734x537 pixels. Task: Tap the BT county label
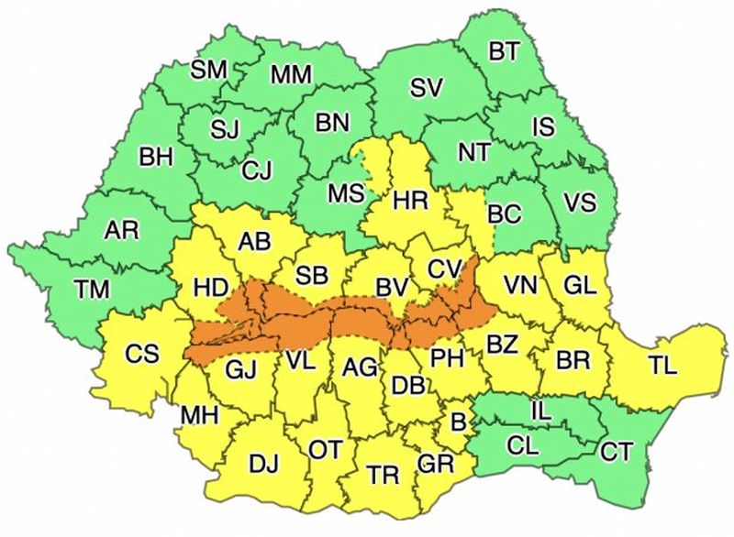pyautogui.click(x=504, y=52)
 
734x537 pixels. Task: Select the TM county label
pyautogui.click(x=92, y=290)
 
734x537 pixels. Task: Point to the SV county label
pyautogui.click(x=426, y=88)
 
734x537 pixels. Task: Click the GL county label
pyautogui.click(x=580, y=285)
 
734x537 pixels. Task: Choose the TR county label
pyautogui.click(x=383, y=475)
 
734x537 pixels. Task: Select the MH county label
pyautogui.click(x=199, y=415)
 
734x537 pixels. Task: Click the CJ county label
pyautogui.click(x=257, y=170)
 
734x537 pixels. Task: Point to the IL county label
pyautogui.click(x=541, y=411)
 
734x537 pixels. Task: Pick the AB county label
pyautogui.click(x=253, y=242)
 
